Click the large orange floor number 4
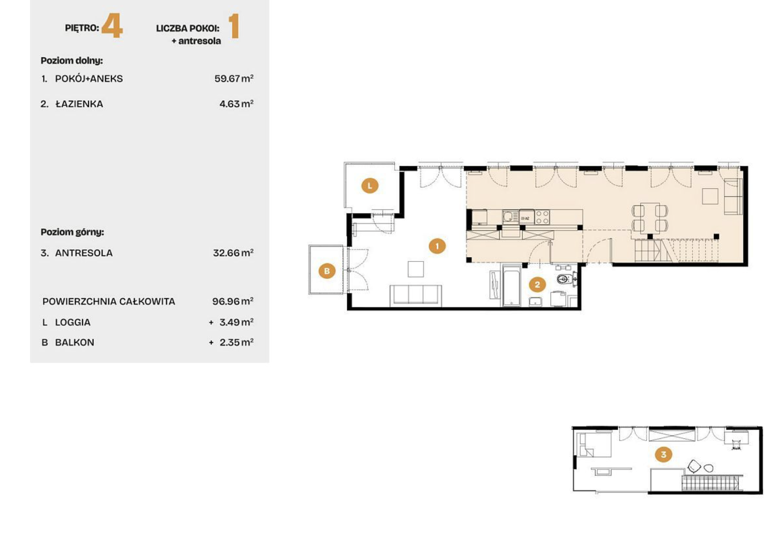tap(112, 26)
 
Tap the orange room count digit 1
tap(234, 26)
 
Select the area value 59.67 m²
tap(234, 78)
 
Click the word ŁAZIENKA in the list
tap(79, 104)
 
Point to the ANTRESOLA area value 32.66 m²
tap(233, 253)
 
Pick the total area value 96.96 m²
tap(233, 301)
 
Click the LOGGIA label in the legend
tap(73, 322)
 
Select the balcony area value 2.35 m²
tap(236, 342)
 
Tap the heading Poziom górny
tap(72, 232)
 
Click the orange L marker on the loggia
tap(370, 186)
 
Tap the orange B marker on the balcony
tap(327, 271)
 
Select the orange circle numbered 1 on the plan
tap(437, 246)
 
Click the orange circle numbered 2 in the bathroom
tap(537, 285)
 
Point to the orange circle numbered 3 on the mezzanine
tap(663, 455)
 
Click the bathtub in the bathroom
tap(512, 286)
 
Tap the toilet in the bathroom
tap(565, 279)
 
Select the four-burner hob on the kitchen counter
tap(542, 217)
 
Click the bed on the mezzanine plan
tap(594, 444)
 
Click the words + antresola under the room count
tap(196, 41)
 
